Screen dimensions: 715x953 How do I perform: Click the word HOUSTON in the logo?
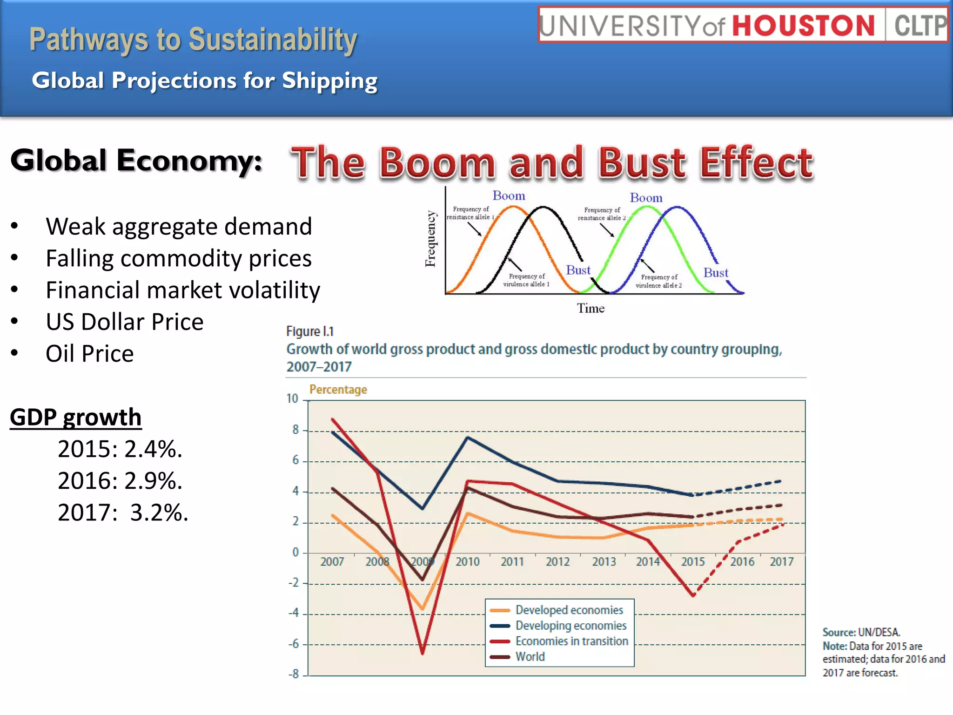pyautogui.click(x=803, y=25)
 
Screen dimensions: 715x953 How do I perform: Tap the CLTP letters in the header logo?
pyautogui.click(x=919, y=26)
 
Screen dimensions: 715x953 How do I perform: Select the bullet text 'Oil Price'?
pyautogui.click(x=90, y=354)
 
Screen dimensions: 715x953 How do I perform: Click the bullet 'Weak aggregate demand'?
pyautogui.click(x=179, y=227)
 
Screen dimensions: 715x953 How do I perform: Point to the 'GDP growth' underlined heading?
pyautogui.click(x=75, y=417)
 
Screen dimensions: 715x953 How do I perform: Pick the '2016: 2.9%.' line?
pyautogui.click(x=120, y=481)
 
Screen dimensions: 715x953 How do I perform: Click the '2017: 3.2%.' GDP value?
pyautogui.click(x=123, y=513)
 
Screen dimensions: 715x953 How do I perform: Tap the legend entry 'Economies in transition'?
pyautogui.click(x=571, y=641)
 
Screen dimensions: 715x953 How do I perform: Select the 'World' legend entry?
pyautogui.click(x=530, y=657)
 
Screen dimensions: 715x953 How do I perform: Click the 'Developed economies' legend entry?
pyautogui.click(x=569, y=610)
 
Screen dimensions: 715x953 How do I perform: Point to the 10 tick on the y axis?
pyautogui.click(x=292, y=399)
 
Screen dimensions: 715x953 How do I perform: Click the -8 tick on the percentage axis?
pyautogui.click(x=294, y=674)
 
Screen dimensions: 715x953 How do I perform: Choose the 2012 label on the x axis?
pyautogui.click(x=557, y=562)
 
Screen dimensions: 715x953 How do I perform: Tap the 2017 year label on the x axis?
pyautogui.click(x=782, y=562)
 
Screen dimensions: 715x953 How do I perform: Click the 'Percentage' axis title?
pyautogui.click(x=338, y=390)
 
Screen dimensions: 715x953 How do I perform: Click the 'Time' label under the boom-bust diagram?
pyautogui.click(x=591, y=309)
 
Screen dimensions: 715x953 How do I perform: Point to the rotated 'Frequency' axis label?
pyautogui.click(x=430, y=239)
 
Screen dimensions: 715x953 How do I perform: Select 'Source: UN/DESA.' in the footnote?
pyautogui.click(x=861, y=633)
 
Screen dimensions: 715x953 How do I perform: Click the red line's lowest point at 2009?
pyautogui.click(x=423, y=653)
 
